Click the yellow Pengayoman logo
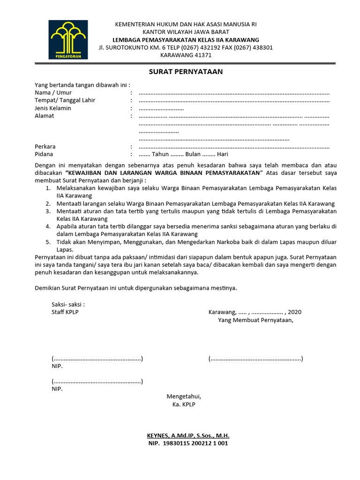[68, 39]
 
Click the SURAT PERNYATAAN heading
[186, 72]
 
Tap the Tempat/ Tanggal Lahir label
[65, 100]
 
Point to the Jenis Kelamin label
[53, 108]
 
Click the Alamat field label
[45, 116]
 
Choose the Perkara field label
[45, 147]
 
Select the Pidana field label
[44, 154]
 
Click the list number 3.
[48, 211]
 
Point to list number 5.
[48, 242]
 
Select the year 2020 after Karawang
[295, 312]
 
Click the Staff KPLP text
[65, 312]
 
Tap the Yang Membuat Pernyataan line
[255, 320]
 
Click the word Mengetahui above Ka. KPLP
[184, 397]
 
